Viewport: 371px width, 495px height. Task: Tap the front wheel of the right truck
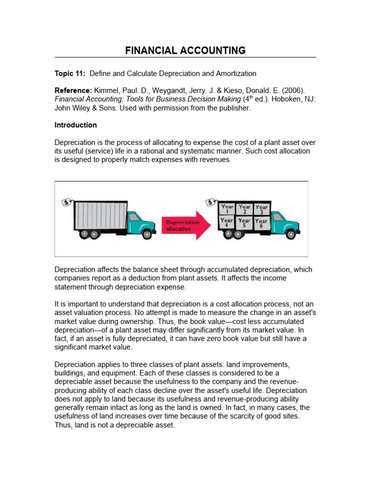coord(290,234)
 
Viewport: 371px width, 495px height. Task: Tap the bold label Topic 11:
coord(70,73)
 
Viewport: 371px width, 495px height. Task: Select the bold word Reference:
coord(73,91)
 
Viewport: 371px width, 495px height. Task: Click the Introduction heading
coord(75,125)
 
